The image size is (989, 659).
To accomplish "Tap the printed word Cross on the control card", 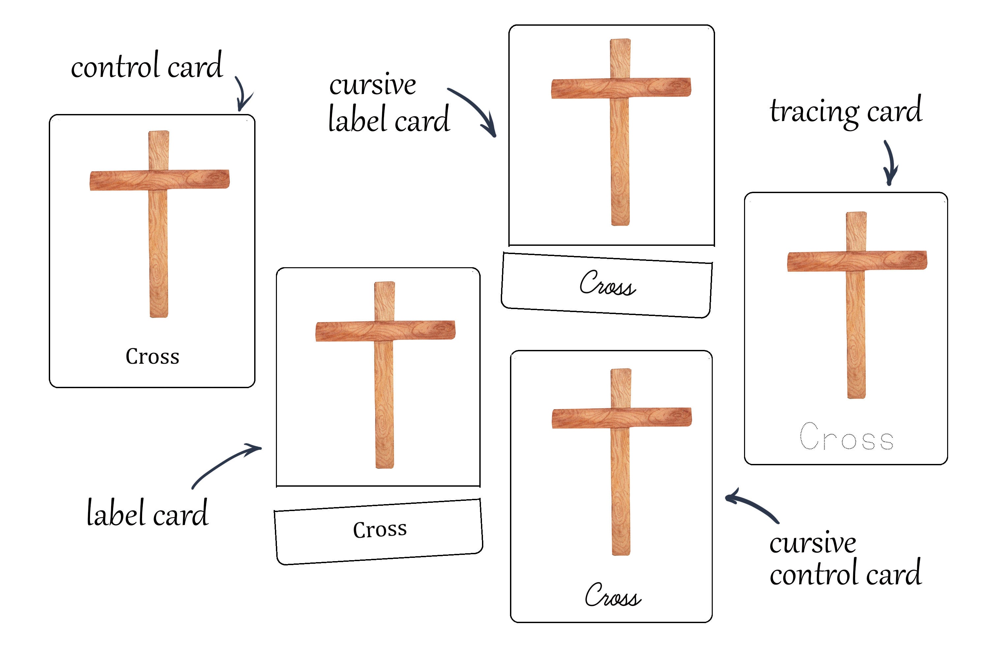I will [152, 357].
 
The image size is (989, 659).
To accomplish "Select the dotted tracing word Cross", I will [846, 437].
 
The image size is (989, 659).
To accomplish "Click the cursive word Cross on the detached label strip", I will [607, 284].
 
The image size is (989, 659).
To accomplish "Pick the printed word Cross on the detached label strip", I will [380, 529].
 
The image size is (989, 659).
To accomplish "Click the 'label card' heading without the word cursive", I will [147, 514].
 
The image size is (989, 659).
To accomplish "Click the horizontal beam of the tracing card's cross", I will [857, 261].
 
